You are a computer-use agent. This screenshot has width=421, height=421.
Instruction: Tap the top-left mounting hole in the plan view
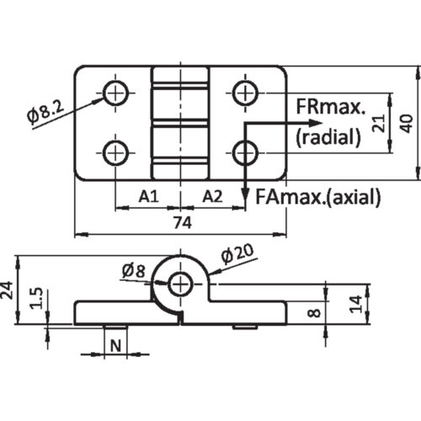[115, 93]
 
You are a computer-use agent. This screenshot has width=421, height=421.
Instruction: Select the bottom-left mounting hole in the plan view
[115, 153]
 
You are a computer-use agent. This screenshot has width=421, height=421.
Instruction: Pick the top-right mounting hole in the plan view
[245, 93]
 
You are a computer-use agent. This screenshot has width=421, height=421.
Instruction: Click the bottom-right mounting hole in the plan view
[245, 153]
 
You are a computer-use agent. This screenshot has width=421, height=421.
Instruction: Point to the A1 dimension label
[148, 196]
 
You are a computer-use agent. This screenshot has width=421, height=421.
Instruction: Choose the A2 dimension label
[212, 196]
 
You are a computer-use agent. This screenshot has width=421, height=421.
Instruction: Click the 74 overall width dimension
[182, 222]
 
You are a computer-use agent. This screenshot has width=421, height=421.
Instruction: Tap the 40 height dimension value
[408, 123]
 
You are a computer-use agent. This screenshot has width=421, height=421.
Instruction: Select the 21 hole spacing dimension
[379, 123]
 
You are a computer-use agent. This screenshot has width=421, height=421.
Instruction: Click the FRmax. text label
[331, 107]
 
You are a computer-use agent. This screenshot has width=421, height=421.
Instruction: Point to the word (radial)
[328, 137]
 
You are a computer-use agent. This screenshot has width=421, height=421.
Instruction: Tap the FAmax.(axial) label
[318, 196]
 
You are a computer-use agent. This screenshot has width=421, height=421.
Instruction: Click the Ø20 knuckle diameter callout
[237, 254]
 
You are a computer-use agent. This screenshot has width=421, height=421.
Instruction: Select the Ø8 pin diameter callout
[134, 271]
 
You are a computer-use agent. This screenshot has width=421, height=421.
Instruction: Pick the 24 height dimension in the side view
[7, 290]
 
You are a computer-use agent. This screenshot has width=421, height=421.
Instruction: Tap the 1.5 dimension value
[37, 298]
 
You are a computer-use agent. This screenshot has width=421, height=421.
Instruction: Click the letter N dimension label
[115, 346]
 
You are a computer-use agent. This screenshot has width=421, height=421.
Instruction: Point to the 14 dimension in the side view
[356, 304]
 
